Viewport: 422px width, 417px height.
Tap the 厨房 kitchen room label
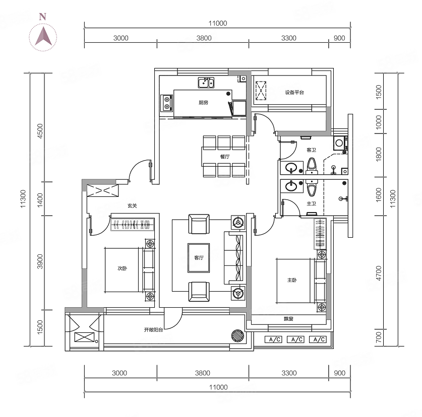[x=203, y=102]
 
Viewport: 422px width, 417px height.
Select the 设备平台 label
[x=294, y=93]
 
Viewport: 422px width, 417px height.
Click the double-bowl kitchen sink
[x=206, y=83]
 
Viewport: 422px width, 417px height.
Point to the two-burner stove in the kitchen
[x=167, y=103]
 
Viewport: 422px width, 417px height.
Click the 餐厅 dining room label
[x=225, y=157]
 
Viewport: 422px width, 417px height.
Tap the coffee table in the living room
[x=199, y=258]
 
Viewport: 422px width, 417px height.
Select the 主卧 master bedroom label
[x=292, y=280]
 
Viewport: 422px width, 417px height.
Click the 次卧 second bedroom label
[x=122, y=268]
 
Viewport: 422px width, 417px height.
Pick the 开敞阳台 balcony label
[x=153, y=330]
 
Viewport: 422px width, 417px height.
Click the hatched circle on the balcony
[x=237, y=335]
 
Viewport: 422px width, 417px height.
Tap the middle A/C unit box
[x=296, y=339]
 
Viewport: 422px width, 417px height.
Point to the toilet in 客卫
[x=312, y=166]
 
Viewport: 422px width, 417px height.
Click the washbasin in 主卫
[x=291, y=186]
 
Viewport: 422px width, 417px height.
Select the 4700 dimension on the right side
[x=379, y=273]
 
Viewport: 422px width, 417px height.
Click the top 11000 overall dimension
[x=218, y=23]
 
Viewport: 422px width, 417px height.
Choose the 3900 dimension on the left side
[x=40, y=261]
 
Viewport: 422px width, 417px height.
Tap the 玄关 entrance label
[x=132, y=205]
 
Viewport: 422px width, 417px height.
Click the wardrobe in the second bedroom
[x=133, y=224]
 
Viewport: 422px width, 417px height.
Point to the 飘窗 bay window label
[x=288, y=319]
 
